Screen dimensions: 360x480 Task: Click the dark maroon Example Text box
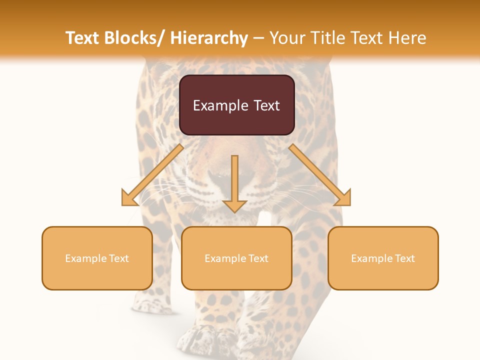pyautogui.click(x=236, y=105)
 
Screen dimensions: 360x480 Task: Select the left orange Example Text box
pyautogui.click(x=97, y=258)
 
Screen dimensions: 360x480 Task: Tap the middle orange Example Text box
pyautogui.click(x=236, y=258)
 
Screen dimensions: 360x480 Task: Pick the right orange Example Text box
pyautogui.click(x=383, y=258)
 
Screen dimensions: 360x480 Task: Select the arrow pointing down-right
pyautogui.click(x=320, y=175)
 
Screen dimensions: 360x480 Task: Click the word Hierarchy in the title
pyautogui.click(x=209, y=38)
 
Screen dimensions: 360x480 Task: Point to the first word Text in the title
pyautogui.click(x=83, y=38)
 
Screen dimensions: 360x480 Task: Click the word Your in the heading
pyautogui.click(x=287, y=38)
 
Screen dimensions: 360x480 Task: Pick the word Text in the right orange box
pyautogui.click(x=404, y=258)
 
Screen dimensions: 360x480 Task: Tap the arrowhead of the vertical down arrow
pyautogui.click(x=234, y=205)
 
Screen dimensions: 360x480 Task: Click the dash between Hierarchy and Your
pyautogui.click(x=258, y=38)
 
